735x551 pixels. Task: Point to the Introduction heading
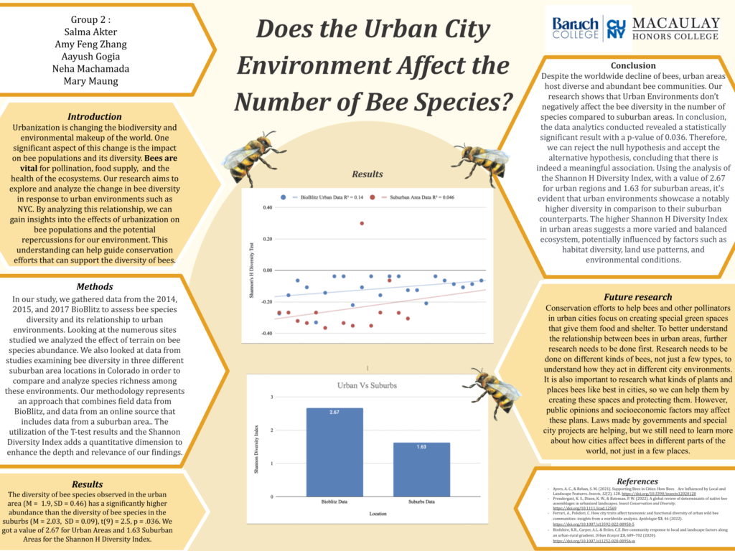(x=94, y=116)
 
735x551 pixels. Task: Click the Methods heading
(x=94, y=286)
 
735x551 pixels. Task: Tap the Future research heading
(x=637, y=296)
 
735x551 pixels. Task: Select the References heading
(x=637, y=481)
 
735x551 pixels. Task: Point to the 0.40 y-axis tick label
(x=267, y=207)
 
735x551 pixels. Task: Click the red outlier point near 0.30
(x=362, y=223)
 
